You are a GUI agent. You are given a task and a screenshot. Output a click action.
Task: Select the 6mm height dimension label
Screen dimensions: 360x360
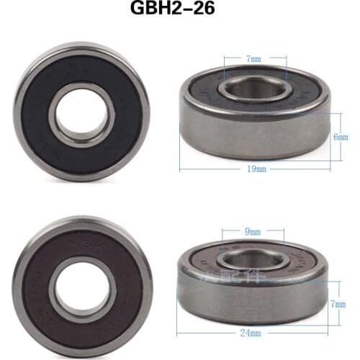(x=341, y=136)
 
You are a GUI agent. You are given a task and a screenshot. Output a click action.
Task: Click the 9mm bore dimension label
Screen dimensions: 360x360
(x=253, y=233)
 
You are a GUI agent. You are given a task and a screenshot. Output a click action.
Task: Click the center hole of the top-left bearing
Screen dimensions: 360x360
(x=81, y=112)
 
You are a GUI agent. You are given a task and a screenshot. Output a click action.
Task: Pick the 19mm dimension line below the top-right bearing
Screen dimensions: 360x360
(x=216, y=168)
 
